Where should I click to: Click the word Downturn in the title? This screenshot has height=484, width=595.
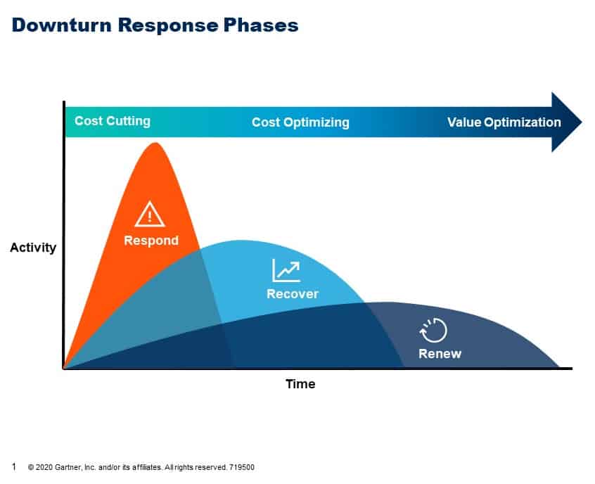point(62,25)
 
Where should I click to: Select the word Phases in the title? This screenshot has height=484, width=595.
point(261,25)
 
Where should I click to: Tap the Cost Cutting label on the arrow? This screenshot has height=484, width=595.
point(113,121)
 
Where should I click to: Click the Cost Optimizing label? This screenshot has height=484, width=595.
point(300,122)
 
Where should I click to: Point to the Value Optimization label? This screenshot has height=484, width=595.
point(504,122)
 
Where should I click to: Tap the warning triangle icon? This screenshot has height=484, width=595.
point(150,215)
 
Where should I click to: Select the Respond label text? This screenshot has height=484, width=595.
point(151,241)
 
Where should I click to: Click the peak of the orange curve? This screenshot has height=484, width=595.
point(155,143)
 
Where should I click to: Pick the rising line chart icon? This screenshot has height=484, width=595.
point(286,270)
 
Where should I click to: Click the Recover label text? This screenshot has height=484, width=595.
point(293,294)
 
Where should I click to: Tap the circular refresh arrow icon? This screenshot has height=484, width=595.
point(434,330)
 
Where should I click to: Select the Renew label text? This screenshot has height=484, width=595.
point(440,354)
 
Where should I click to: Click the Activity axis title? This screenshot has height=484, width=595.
point(33,248)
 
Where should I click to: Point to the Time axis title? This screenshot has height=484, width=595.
point(300,384)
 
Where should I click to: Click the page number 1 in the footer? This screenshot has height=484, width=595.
point(14,466)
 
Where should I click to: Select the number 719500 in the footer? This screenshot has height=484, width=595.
point(242,467)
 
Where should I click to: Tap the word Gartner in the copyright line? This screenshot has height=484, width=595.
point(68,467)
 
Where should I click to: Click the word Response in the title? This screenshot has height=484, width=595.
point(167,25)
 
